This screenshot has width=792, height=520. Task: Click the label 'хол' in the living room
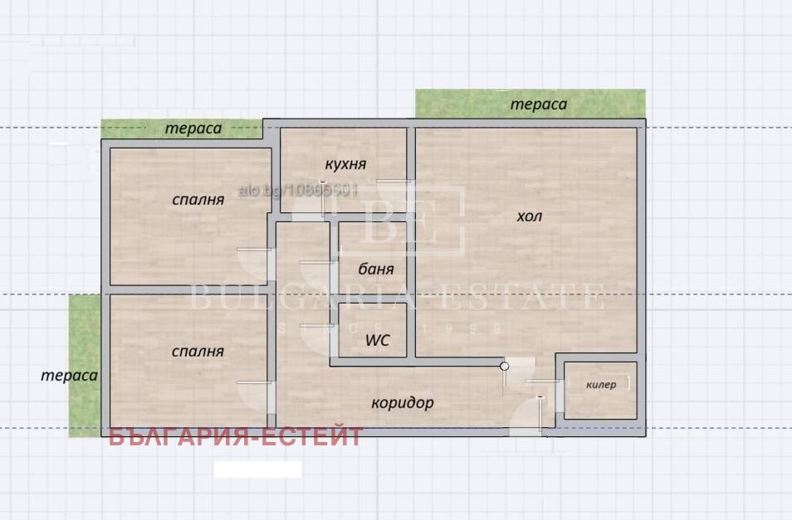[529, 216]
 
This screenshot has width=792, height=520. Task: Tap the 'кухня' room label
[345, 164]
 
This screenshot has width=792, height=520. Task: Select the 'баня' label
[376, 269]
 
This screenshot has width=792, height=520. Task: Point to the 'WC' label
[378, 340]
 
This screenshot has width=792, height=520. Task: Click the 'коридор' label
[403, 403]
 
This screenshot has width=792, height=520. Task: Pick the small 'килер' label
[601, 385]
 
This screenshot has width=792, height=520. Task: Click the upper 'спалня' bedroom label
[198, 200]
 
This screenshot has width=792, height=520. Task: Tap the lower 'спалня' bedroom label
[198, 352]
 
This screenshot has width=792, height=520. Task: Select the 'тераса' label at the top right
[538, 104]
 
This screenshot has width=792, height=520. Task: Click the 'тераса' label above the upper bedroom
[193, 129]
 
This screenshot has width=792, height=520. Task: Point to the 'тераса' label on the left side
[70, 375]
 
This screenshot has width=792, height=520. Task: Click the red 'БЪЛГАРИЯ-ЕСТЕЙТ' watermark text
[236, 437]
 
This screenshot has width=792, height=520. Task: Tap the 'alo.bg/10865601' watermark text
[299, 191]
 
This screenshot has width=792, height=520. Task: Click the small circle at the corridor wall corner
[504, 365]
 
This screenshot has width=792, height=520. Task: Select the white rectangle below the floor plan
[257, 469]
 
